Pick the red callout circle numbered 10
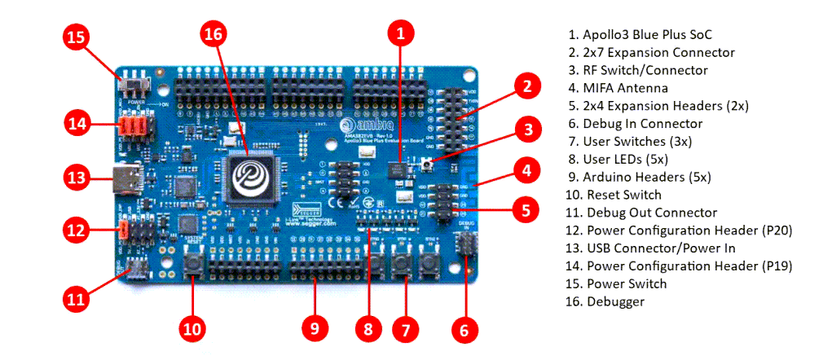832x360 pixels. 192,328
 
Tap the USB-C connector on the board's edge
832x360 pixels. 130,176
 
